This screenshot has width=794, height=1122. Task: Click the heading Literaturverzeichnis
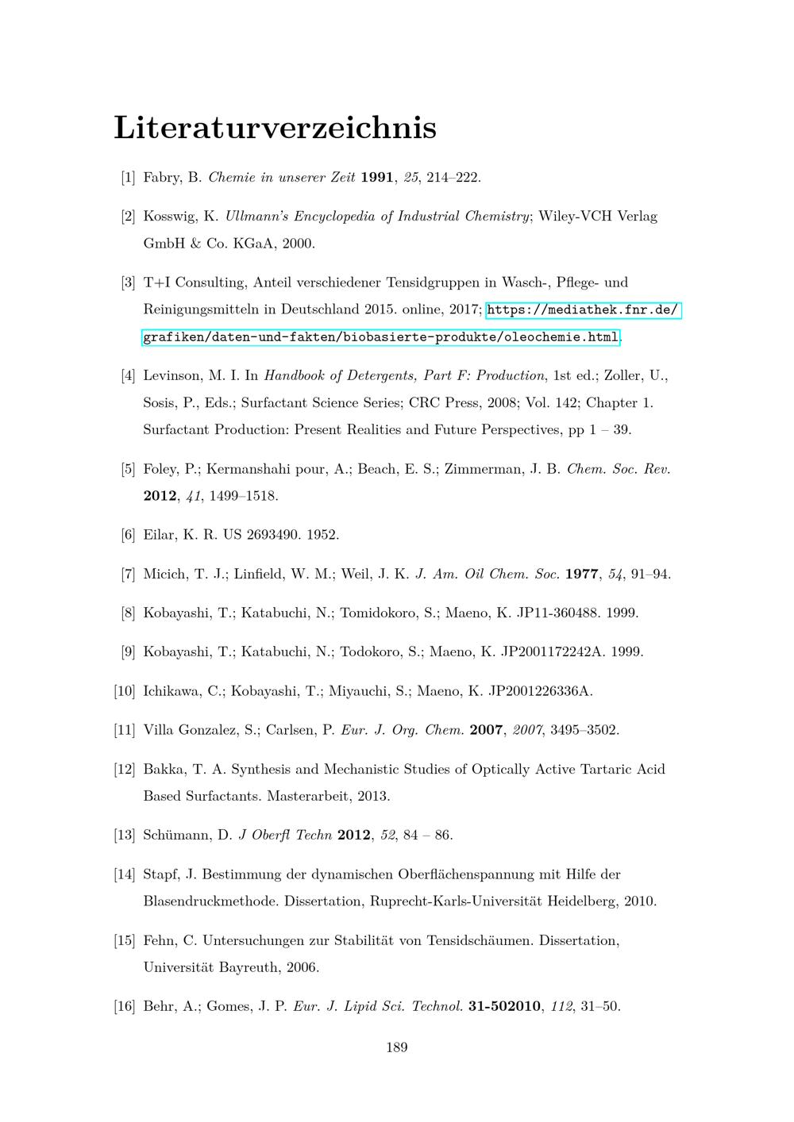coord(275,127)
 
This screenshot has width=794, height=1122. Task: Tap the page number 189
coord(397,1047)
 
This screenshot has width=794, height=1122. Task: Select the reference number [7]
coord(128,574)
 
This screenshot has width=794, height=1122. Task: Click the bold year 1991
coord(377,177)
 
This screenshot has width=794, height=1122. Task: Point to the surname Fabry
coord(161,177)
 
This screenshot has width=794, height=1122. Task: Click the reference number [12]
coord(125,769)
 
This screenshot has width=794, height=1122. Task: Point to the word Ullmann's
coord(258,216)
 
